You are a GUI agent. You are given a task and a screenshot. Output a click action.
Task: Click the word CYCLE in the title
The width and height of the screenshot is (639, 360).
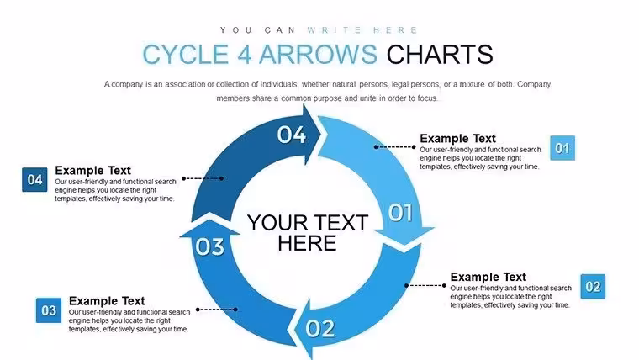click(x=186, y=54)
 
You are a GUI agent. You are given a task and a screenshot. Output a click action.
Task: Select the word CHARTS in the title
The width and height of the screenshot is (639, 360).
click(x=440, y=54)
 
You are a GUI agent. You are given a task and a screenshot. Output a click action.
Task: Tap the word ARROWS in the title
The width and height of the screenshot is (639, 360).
click(x=318, y=54)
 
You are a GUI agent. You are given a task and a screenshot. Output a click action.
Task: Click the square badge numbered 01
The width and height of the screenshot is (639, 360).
click(x=562, y=148)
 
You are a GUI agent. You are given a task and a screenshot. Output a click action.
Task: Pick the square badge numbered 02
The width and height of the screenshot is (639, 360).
click(x=593, y=287)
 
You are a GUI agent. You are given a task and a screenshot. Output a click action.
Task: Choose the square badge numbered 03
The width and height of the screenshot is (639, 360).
click(x=49, y=310)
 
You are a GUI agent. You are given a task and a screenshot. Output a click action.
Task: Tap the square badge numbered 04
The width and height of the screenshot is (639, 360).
click(x=34, y=179)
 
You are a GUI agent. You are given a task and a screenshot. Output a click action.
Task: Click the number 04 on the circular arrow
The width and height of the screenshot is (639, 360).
click(x=292, y=135)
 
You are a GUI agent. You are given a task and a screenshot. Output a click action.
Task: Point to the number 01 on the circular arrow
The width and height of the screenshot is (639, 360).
click(x=400, y=213)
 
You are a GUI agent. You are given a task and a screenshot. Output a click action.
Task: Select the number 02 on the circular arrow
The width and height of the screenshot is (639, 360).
click(x=320, y=328)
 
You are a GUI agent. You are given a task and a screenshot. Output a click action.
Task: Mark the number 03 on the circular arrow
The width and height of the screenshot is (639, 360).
click(x=209, y=246)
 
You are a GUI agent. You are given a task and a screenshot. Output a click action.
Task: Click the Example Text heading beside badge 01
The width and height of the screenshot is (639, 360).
click(x=457, y=138)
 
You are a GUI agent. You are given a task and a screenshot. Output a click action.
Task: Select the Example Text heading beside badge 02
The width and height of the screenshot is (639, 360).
click(x=488, y=277)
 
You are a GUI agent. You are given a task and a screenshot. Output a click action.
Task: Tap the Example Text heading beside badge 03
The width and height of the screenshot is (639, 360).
click(x=107, y=301)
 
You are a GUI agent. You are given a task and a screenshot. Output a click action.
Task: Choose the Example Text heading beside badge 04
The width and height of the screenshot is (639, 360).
click(x=93, y=170)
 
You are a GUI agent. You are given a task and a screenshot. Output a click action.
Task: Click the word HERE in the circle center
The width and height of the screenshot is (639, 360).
click(x=307, y=243)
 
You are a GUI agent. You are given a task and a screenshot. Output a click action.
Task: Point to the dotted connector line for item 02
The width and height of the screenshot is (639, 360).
click(x=425, y=285)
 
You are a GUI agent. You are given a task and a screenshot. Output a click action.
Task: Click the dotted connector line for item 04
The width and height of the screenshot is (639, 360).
click(x=203, y=178)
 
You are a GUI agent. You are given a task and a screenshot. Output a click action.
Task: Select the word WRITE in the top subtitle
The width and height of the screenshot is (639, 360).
click(x=334, y=30)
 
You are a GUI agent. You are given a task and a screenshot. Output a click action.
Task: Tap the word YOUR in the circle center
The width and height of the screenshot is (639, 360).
click(x=277, y=223)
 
